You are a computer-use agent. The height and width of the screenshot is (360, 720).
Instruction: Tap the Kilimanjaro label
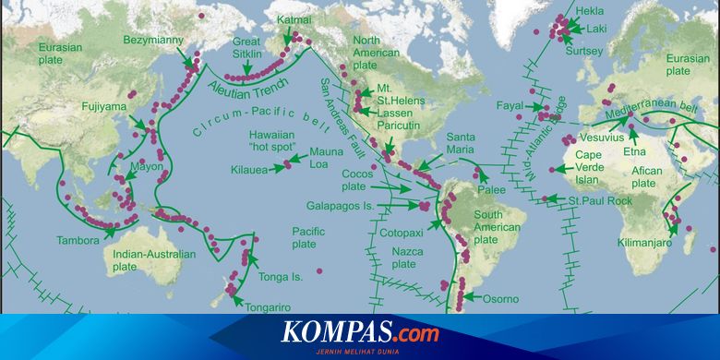click(650, 243)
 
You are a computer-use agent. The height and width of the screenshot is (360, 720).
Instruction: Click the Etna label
click(633, 150)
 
